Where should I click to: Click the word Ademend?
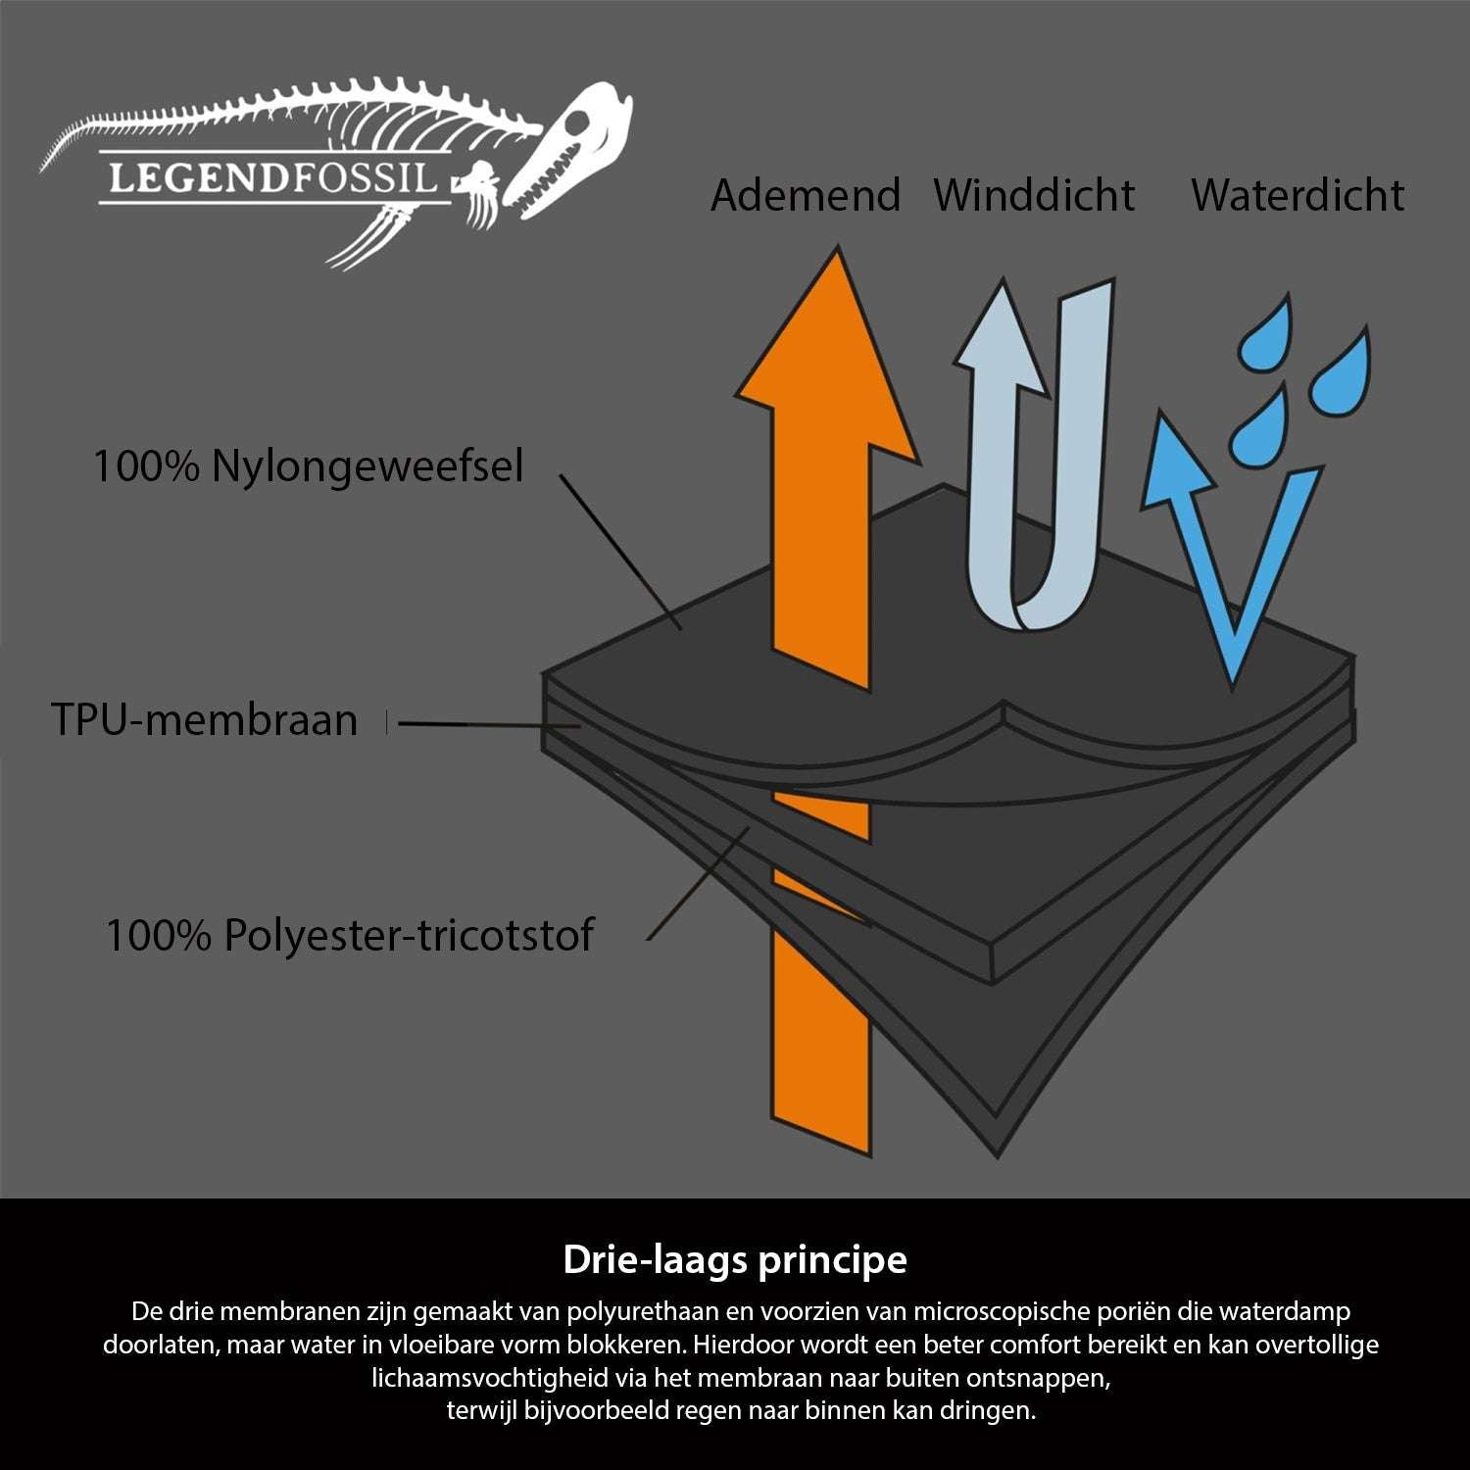click(806, 195)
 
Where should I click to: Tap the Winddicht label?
click(1034, 195)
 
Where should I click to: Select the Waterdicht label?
click(1297, 195)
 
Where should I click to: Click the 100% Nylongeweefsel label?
click(308, 466)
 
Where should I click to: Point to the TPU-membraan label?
click(204, 720)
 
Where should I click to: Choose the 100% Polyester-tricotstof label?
click(349, 935)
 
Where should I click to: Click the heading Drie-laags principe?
click(735, 1259)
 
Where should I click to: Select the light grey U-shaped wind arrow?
click(1039, 470)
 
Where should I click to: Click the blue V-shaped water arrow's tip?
click(1232, 676)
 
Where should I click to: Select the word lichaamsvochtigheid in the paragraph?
click(490, 1378)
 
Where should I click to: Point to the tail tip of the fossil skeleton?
click(45, 167)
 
